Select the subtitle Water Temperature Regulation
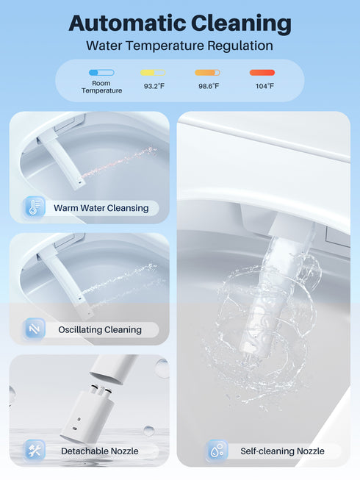click(x=179, y=46)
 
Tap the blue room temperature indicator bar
click(x=101, y=73)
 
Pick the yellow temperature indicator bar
click(x=153, y=73)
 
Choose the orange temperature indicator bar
click(x=207, y=73)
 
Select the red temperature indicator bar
click(x=262, y=73)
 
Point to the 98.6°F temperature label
click(x=207, y=87)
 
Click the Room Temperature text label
click(x=101, y=87)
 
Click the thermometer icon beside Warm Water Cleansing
click(x=34, y=207)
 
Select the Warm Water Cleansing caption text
click(x=101, y=208)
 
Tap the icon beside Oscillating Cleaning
click(x=34, y=329)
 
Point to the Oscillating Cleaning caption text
click(x=99, y=330)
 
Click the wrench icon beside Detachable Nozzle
click(x=34, y=450)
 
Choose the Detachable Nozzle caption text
click(x=99, y=451)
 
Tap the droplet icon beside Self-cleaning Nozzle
click(x=216, y=450)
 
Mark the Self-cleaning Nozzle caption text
click(x=281, y=451)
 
